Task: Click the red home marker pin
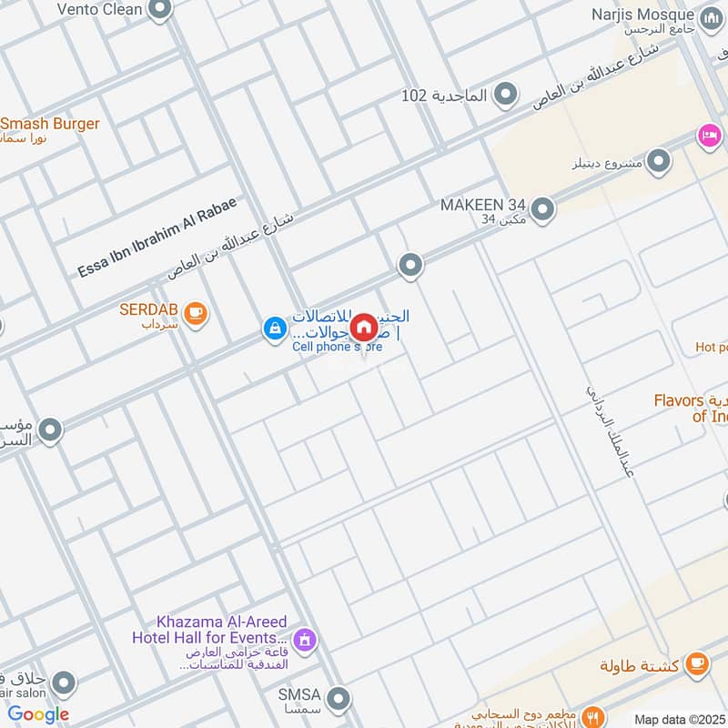point(363,327)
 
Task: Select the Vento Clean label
point(100,10)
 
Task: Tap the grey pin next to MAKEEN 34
point(543,210)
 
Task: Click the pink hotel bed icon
point(710,136)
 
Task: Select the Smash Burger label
point(50,124)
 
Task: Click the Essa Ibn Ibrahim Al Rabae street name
point(157,238)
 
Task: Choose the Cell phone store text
point(337,347)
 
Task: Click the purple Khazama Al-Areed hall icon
point(307,641)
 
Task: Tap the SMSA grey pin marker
point(339,699)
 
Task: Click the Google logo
point(38,714)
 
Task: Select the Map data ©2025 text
point(679,720)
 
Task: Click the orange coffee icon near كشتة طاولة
point(697,664)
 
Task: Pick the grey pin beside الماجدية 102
point(506,95)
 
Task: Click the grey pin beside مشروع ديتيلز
point(659,163)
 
